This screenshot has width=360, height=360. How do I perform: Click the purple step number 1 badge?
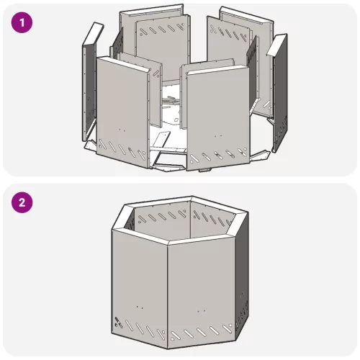22,23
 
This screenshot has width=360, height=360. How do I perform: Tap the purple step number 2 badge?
22,202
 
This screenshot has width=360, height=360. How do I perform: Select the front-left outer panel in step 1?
122,113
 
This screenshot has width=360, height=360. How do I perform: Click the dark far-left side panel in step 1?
89,92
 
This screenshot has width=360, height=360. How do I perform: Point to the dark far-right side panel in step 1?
280,96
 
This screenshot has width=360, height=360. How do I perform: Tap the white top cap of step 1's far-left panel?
93,34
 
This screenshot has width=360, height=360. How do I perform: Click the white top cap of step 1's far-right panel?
276,45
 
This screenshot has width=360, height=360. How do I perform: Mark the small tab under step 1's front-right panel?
204,170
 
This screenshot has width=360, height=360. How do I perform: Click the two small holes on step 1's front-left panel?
122,130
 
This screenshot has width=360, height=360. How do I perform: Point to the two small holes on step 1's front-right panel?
218,136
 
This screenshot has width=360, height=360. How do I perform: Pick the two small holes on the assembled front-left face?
140,307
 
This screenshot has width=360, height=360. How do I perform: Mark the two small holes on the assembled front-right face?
201,311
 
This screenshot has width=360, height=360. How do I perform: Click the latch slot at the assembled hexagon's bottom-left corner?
118,323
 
